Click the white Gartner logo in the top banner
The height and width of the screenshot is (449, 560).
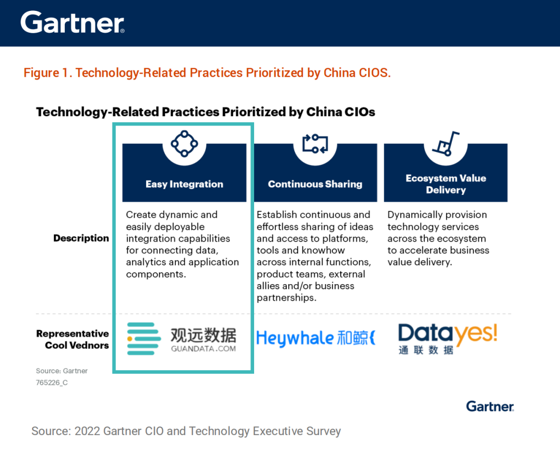point(73,22)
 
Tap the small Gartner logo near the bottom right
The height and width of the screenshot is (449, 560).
point(490,406)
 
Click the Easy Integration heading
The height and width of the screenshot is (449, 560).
point(184,184)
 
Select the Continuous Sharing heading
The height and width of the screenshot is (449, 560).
point(315,184)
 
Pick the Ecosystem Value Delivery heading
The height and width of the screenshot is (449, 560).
point(446,184)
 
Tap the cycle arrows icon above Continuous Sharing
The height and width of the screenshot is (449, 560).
point(315,144)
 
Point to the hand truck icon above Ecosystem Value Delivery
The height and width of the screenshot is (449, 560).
point(446,144)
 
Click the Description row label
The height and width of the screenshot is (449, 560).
point(81,238)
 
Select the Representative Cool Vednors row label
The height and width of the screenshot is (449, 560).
point(73,339)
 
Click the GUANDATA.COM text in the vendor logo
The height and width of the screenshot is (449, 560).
point(203,348)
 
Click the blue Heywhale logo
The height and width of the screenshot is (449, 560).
point(316,338)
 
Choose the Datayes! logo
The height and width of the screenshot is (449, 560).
point(447,339)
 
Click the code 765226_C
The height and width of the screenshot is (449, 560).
point(52,383)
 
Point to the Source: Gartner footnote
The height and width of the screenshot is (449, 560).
point(62,371)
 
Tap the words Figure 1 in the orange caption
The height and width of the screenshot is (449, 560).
point(46,73)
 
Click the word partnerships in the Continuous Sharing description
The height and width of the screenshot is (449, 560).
point(286,298)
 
